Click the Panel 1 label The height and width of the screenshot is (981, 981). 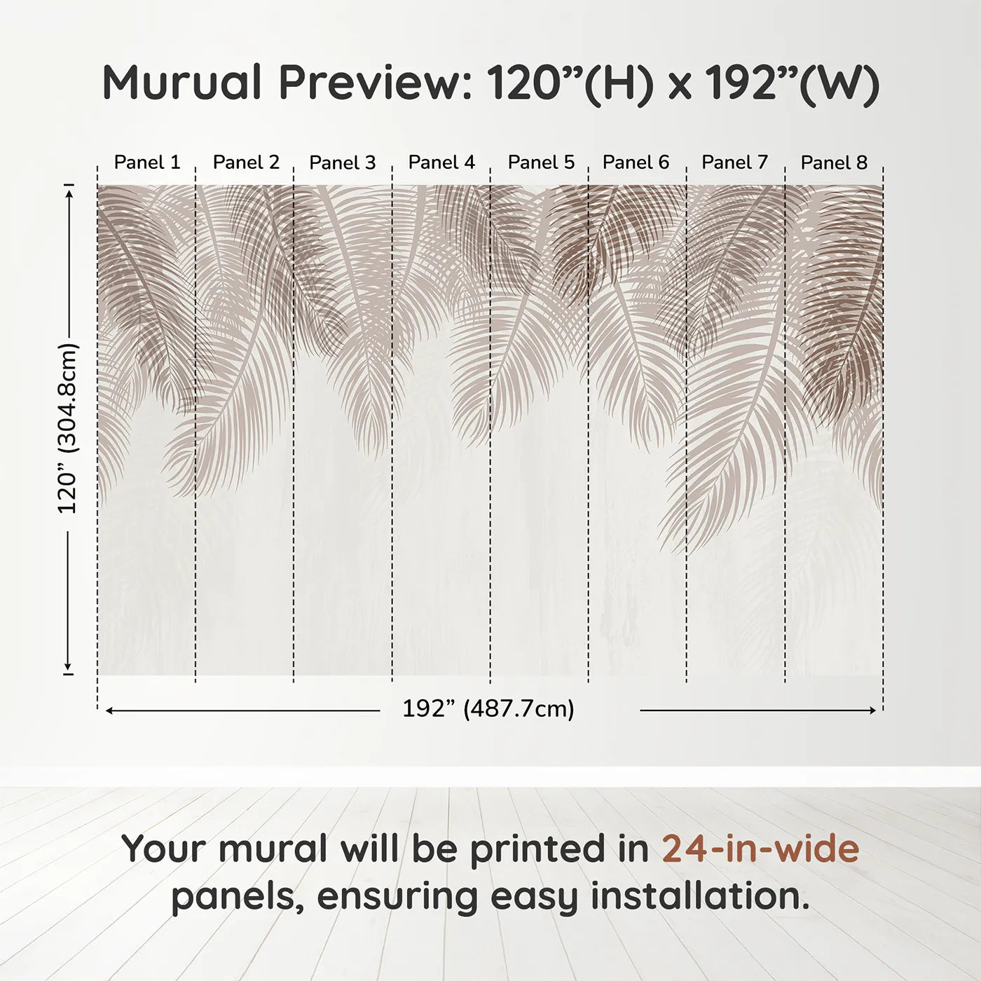point(147,163)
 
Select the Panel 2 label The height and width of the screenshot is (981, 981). point(246,163)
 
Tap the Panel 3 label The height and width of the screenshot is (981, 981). point(343,163)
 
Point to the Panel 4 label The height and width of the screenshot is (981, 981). point(441,163)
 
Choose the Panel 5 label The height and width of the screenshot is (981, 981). point(541,163)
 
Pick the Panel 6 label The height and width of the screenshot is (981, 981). point(636,163)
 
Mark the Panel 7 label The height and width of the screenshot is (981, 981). point(734,163)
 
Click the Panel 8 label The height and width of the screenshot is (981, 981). point(834,163)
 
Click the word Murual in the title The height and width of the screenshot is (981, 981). point(182,83)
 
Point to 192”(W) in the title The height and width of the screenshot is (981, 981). point(792,83)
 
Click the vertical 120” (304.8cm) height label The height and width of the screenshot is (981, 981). point(68,428)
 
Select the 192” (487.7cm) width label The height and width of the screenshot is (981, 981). point(488,709)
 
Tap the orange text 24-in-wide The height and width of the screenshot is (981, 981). point(760,849)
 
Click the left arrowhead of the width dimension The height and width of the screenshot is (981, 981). point(109,711)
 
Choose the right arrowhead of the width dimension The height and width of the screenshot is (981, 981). point(872,711)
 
